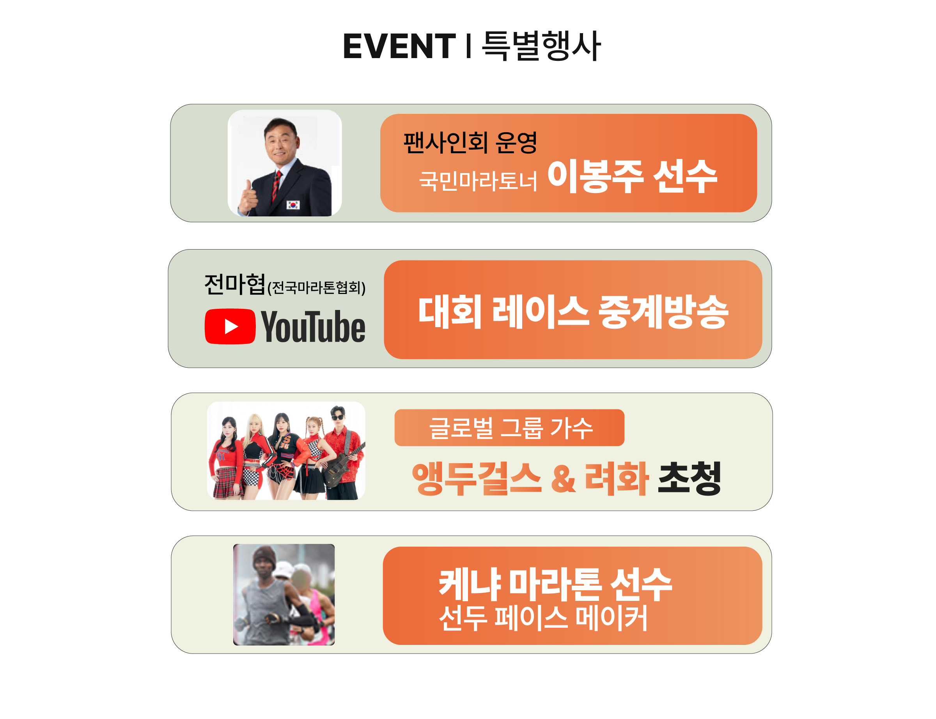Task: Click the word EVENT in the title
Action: (399, 46)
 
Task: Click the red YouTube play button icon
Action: (230, 326)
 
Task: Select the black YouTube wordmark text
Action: (313, 327)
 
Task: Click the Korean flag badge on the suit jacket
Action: (293, 205)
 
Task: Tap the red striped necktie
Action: (277, 186)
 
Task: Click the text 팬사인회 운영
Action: (470, 143)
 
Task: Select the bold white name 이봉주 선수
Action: (632, 176)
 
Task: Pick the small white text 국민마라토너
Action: (478, 181)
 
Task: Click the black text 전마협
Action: (234, 284)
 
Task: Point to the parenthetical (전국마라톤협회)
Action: (316, 288)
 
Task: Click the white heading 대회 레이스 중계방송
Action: (573, 311)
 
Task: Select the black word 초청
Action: (689, 478)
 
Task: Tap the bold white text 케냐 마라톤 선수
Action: (555, 584)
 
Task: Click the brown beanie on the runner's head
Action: (264, 556)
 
